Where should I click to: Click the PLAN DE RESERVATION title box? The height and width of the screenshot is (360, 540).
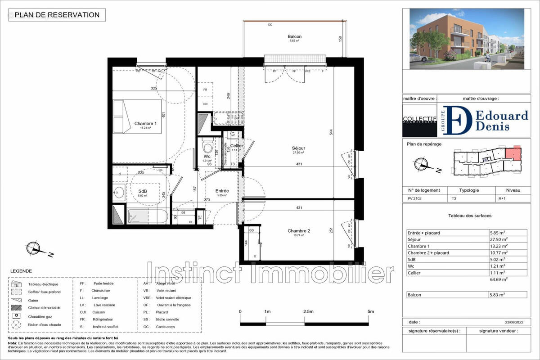pos(57,15)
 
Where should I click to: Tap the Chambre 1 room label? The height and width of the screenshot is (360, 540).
pos(145,124)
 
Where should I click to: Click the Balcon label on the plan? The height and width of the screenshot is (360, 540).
pos(295,37)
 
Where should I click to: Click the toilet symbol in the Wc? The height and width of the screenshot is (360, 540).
pos(207,146)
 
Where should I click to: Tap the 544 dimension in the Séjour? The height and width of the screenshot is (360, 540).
pos(331,133)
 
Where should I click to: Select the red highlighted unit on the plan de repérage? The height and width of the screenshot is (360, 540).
pos(513,154)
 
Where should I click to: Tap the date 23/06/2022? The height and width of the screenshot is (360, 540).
pos(515,322)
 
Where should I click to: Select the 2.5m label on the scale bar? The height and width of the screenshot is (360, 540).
pos(309,311)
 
